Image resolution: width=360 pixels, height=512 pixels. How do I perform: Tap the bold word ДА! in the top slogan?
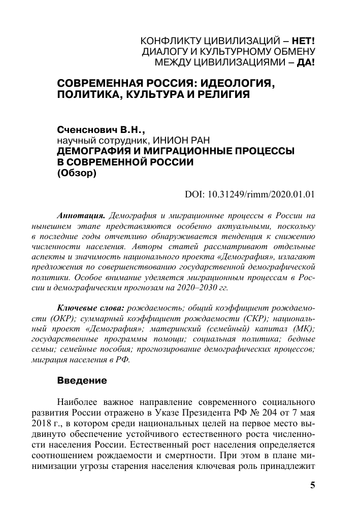click(x=306, y=63)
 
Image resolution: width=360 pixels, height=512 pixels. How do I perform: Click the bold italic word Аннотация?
click(x=81, y=215)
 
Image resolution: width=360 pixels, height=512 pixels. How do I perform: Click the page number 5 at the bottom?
click(x=313, y=486)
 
